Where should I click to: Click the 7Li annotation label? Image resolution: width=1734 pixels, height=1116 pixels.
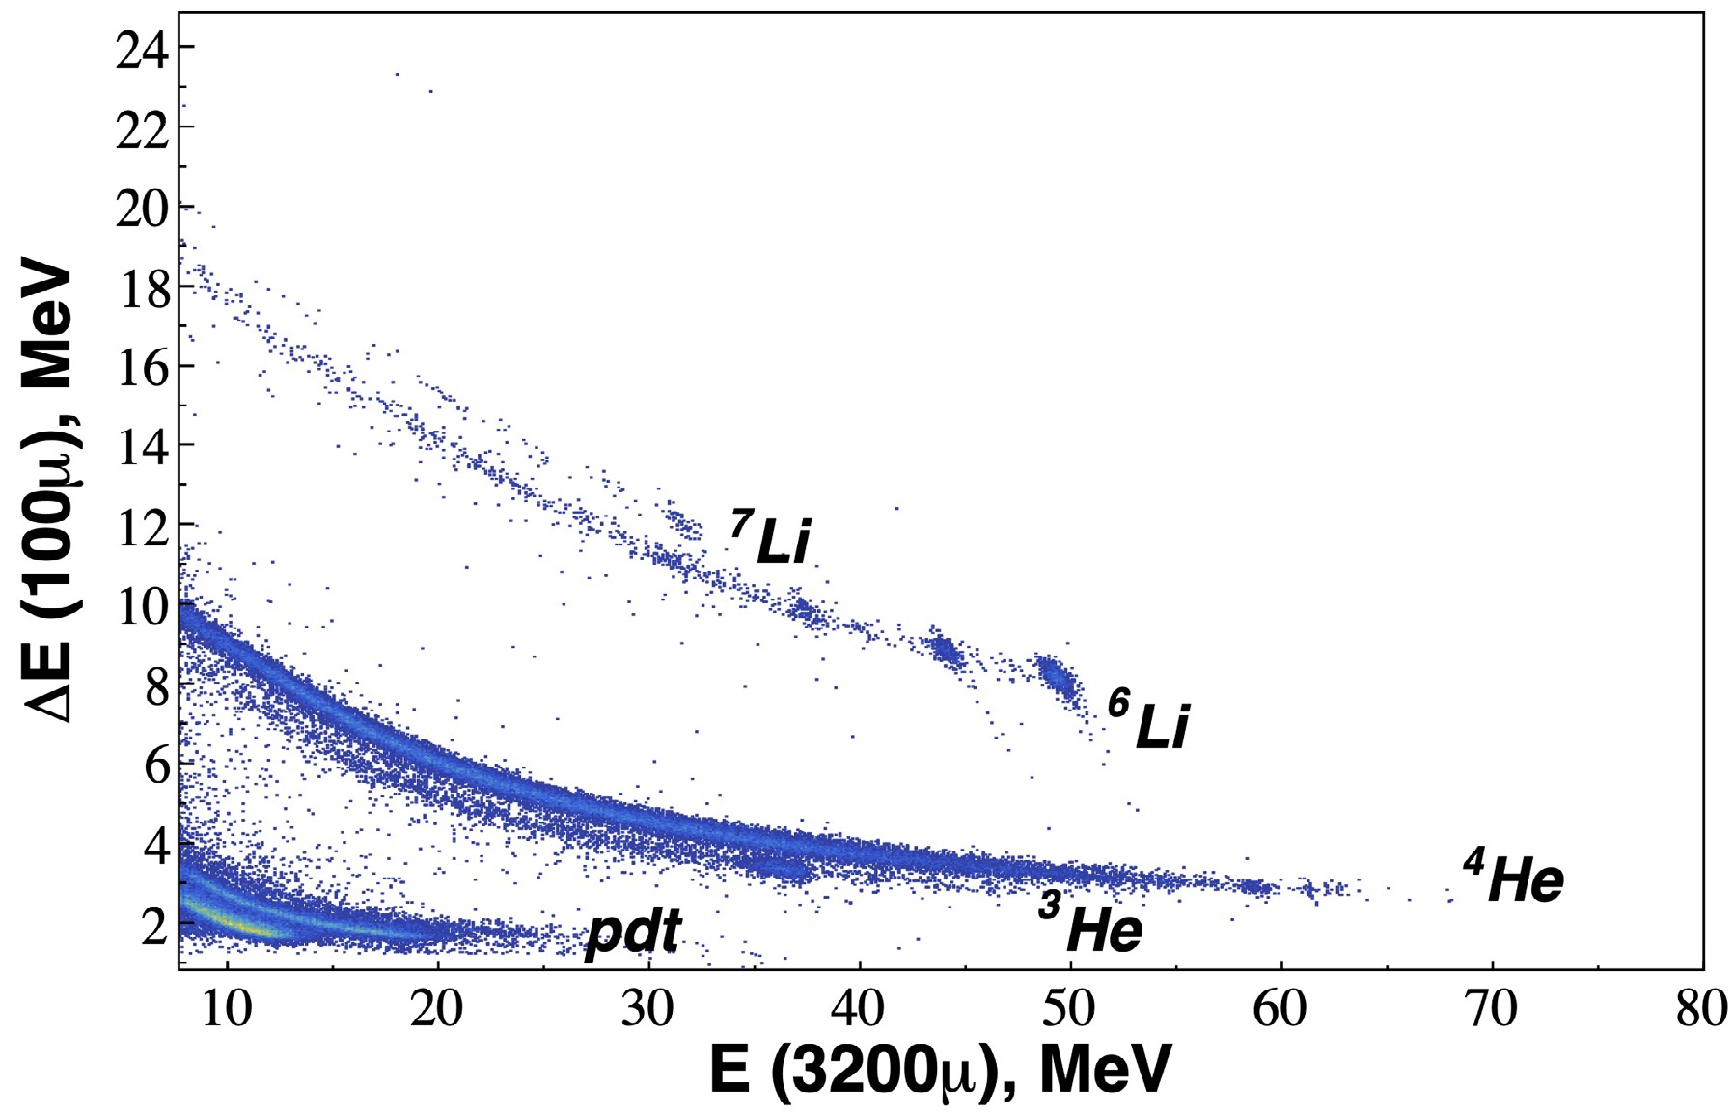pyautogui.click(x=771, y=539)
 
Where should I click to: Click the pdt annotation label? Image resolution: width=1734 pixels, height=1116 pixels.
pyautogui.click(x=633, y=935)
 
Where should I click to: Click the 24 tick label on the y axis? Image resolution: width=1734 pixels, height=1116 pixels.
pyautogui.click(x=141, y=48)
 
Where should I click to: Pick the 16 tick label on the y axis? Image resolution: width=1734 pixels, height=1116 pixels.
pyautogui.click(x=141, y=367)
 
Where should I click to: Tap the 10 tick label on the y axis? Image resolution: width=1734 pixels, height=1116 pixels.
pyautogui.click(x=141, y=606)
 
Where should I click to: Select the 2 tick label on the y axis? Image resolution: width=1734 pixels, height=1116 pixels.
pyautogui.click(x=154, y=926)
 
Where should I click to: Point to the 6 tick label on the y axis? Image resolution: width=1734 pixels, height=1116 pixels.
pyautogui.click(x=154, y=767)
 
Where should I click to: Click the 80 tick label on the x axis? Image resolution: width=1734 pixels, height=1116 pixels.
pyautogui.click(x=1700, y=1010)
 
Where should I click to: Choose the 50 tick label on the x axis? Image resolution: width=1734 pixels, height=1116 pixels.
pyautogui.click(x=1069, y=1010)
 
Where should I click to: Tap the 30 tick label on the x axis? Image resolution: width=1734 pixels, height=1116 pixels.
pyautogui.click(x=647, y=1010)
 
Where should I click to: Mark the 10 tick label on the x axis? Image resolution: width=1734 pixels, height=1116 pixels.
pyautogui.click(x=226, y=1010)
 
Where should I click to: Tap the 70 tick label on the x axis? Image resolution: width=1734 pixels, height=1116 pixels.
pyautogui.click(x=1491, y=1010)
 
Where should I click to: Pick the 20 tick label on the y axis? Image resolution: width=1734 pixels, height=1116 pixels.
pyautogui.click(x=141, y=208)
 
